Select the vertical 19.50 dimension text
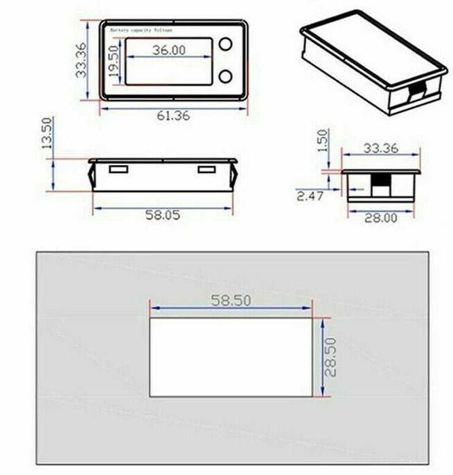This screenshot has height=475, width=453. click(113, 61)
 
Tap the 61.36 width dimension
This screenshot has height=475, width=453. click(174, 116)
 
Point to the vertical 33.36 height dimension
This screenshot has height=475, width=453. click(81, 60)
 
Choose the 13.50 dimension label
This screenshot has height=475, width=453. click(46, 133)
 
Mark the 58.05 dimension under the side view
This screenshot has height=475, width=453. click(164, 215)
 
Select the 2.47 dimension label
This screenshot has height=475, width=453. click(310, 196)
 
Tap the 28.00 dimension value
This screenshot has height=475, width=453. click(380, 218)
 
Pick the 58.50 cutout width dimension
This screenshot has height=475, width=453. click(230, 301)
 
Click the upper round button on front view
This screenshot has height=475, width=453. click(225, 44)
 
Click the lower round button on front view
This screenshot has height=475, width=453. click(225, 75)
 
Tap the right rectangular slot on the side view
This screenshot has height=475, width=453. click(206, 168)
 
